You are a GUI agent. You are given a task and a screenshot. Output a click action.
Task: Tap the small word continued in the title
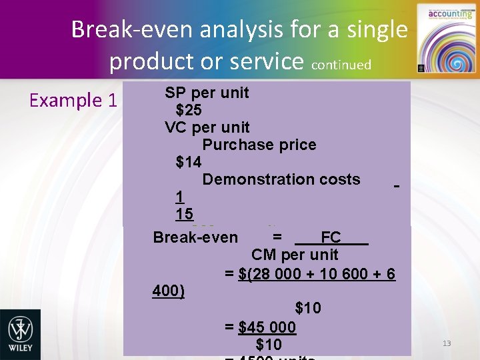(x=341, y=65)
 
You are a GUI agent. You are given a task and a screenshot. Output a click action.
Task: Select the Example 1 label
(x=73, y=101)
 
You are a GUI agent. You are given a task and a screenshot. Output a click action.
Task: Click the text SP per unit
(x=207, y=93)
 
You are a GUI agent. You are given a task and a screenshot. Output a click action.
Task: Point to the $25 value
(x=189, y=110)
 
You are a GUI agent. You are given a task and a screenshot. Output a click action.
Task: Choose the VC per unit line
(x=207, y=127)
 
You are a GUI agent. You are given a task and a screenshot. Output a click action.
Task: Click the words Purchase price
(x=259, y=145)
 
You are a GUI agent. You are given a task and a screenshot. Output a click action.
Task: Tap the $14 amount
(x=189, y=162)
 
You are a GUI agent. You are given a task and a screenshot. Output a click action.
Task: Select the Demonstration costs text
(x=281, y=179)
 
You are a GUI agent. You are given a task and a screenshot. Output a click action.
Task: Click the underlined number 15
(x=184, y=214)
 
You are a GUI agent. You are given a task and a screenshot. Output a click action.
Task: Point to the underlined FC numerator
(x=331, y=237)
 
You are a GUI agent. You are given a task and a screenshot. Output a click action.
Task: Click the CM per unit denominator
(x=295, y=255)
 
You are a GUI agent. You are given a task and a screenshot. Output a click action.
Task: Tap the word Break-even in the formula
(x=195, y=237)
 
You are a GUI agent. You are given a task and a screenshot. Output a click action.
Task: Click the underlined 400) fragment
(x=169, y=291)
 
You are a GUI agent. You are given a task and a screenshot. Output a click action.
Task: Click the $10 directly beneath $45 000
(x=269, y=345)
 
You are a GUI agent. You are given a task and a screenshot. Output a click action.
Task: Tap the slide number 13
(x=447, y=343)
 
